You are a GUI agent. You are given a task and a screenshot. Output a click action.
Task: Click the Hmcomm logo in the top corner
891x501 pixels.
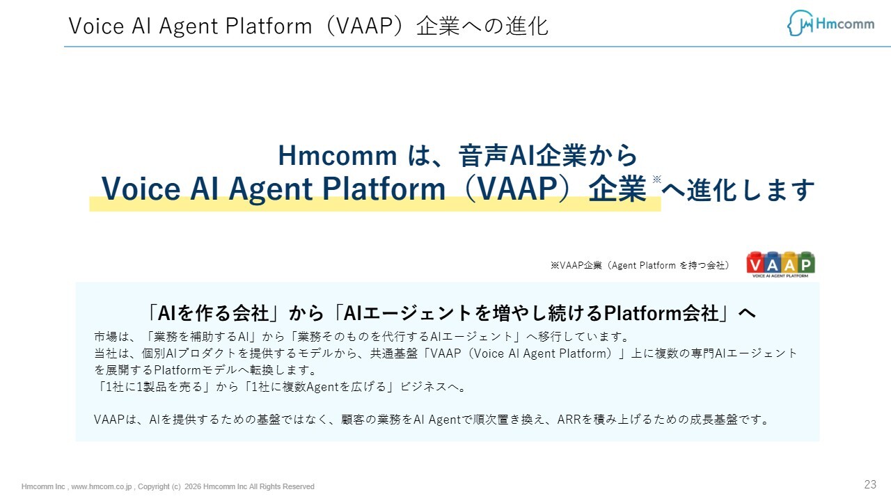830,24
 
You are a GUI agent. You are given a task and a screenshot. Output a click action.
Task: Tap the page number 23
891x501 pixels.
870,484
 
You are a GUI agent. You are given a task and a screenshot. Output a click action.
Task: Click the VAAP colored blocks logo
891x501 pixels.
780,264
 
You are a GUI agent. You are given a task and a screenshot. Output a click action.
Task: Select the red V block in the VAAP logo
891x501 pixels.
755,263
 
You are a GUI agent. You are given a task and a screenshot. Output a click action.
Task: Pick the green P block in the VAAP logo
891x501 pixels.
806,263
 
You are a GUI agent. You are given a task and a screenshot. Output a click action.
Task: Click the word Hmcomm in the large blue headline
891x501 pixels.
338,155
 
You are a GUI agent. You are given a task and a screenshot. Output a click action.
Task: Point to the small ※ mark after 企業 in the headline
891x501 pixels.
656,179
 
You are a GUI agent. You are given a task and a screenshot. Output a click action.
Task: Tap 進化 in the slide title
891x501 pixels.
527,26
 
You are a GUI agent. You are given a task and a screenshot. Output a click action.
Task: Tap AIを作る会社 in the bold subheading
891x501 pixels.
213,313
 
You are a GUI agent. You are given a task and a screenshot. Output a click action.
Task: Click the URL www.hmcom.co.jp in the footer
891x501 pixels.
102,486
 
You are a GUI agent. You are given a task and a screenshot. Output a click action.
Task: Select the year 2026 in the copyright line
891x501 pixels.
193,486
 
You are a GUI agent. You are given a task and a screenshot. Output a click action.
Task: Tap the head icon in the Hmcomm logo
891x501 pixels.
801,23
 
